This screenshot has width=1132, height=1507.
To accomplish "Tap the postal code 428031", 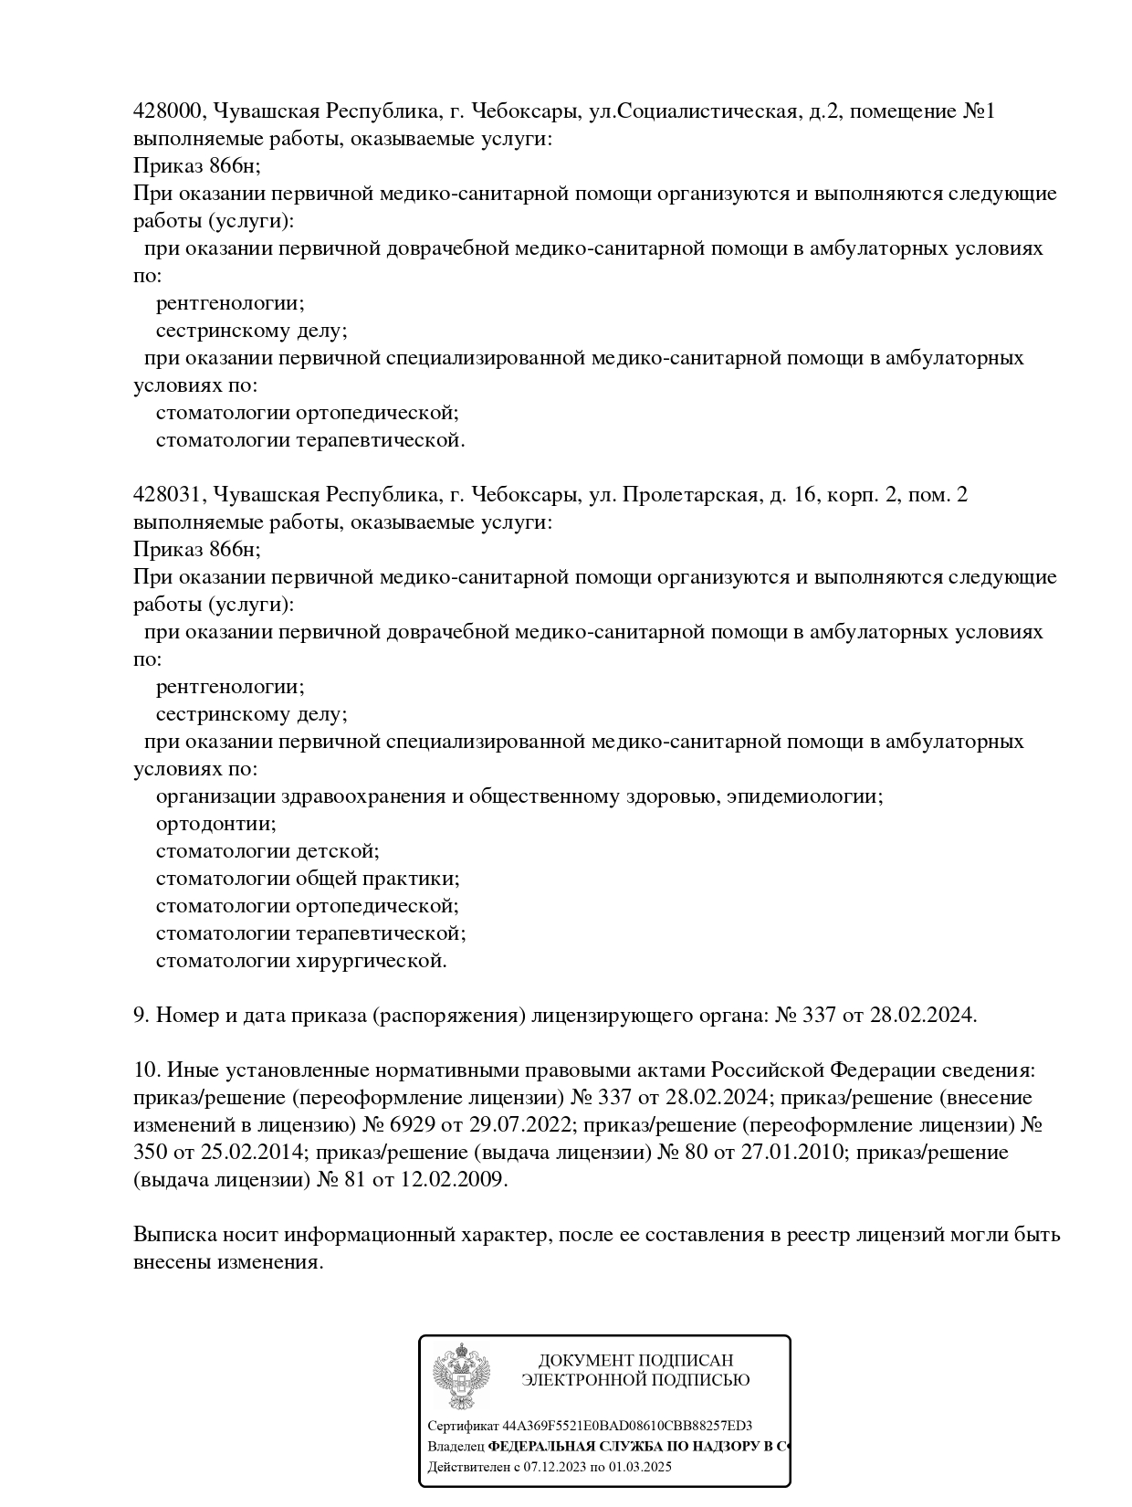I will pyautogui.click(x=169, y=496).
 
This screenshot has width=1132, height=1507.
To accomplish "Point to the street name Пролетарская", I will pyautogui.click(x=689, y=496).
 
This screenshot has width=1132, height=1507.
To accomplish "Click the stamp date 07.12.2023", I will pyautogui.click(x=556, y=1468).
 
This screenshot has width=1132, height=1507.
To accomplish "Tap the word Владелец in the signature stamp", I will pyautogui.click(x=456, y=1447).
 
